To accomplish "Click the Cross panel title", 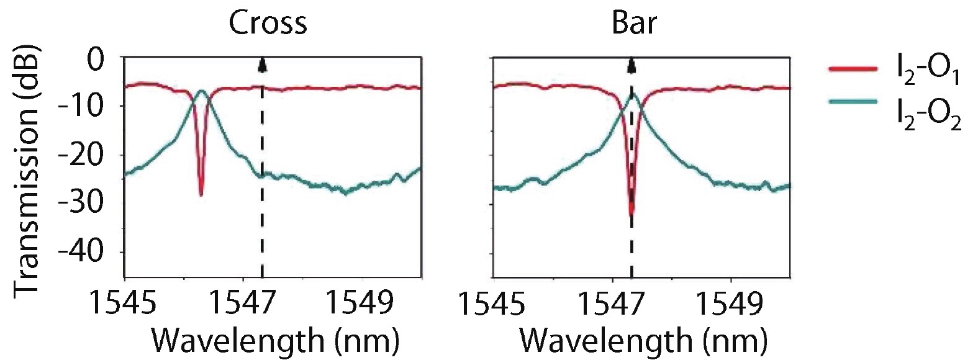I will click(x=268, y=23).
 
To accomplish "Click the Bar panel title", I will click(x=634, y=23).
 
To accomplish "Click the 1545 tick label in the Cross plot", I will click(x=125, y=304).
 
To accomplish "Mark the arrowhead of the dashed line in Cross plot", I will click(x=262, y=63).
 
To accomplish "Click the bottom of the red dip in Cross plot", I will click(x=201, y=194).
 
